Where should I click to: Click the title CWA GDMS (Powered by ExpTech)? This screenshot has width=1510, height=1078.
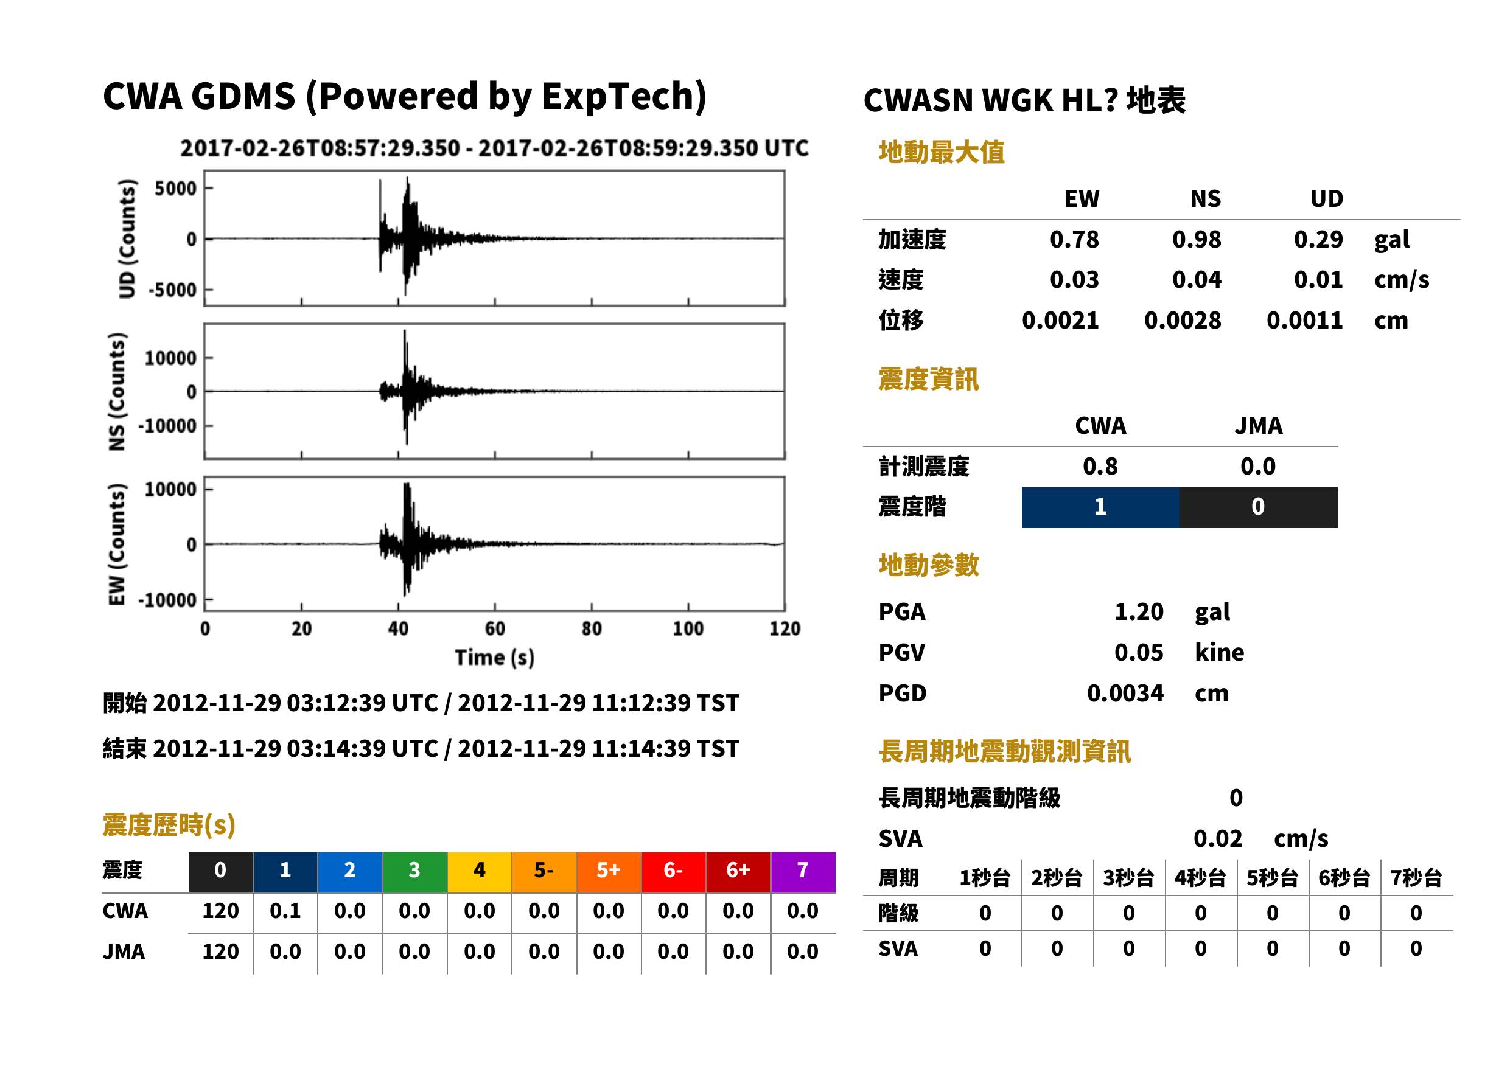[x=404, y=97]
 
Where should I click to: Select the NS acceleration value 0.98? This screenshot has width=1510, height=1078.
[x=1196, y=240]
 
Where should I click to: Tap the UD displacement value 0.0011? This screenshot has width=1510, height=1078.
[x=1304, y=321]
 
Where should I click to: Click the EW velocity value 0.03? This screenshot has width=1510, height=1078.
[x=1074, y=280]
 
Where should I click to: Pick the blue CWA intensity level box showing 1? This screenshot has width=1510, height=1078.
[x=1100, y=507]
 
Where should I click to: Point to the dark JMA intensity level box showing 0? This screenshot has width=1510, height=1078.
[x=1259, y=507]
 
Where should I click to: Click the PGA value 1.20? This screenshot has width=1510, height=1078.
[x=1139, y=611]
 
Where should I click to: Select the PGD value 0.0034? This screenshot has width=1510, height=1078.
[x=1125, y=693]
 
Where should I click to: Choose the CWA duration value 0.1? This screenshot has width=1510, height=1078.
[x=285, y=911]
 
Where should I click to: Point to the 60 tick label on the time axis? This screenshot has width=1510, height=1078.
[x=495, y=628]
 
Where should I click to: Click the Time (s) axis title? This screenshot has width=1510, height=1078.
[x=494, y=657]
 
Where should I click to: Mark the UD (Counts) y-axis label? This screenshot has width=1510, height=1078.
[x=126, y=239]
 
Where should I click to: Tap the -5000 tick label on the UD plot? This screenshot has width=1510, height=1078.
[x=173, y=290]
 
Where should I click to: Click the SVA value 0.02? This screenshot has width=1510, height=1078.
[x=1217, y=838]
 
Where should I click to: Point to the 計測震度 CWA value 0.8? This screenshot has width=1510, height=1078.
[x=1100, y=467]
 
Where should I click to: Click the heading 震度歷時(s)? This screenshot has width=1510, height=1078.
[x=169, y=825]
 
